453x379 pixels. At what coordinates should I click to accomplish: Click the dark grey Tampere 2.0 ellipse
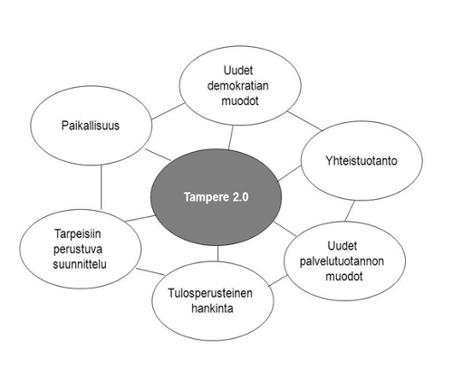click(216, 197)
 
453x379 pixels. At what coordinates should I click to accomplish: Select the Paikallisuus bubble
click(92, 126)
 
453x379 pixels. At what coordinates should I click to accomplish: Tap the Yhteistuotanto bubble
click(361, 161)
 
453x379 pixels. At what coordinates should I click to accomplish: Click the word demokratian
click(238, 86)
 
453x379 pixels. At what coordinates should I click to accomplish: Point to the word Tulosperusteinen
click(210, 293)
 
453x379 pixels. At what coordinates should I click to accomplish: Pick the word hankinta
click(212, 308)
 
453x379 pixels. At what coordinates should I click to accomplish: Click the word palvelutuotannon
click(342, 261)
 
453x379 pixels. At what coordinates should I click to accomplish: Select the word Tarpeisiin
click(78, 234)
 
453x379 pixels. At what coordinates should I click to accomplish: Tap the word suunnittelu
click(80, 264)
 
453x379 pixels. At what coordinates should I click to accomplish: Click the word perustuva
click(78, 250)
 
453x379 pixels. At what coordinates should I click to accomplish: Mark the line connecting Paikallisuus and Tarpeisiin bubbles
click(101, 187)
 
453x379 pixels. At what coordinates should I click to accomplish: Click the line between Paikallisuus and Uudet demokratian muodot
click(168, 111)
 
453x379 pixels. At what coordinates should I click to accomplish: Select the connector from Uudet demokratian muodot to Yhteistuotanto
click(305, 121)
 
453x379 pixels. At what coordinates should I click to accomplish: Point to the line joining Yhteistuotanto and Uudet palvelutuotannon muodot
click(350, 211)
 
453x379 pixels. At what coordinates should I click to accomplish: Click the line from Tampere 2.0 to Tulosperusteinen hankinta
click(217, 253)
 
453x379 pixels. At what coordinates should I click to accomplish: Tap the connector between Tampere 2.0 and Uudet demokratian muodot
click(231, 137)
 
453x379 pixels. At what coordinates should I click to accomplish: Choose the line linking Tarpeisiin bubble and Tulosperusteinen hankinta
click(150, 271)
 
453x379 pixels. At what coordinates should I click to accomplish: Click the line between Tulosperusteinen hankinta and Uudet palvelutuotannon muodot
click(278, 280)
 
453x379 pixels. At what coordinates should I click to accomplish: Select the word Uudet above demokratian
click(238, 71)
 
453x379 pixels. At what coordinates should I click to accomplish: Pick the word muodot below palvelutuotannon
click(344, 277)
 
